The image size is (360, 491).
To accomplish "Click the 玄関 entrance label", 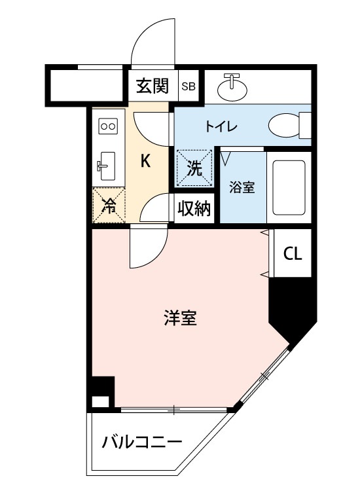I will point(153,86).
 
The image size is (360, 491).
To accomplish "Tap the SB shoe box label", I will point(189,86).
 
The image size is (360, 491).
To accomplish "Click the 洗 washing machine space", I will point(194,166).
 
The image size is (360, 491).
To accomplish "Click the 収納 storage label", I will point(194,209).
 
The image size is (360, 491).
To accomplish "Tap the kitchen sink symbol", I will point(107,165).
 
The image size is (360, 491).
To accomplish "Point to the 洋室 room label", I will point(180,319).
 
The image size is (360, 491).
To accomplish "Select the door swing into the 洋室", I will point(147,245).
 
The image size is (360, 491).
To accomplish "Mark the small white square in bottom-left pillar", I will point(99,402).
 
